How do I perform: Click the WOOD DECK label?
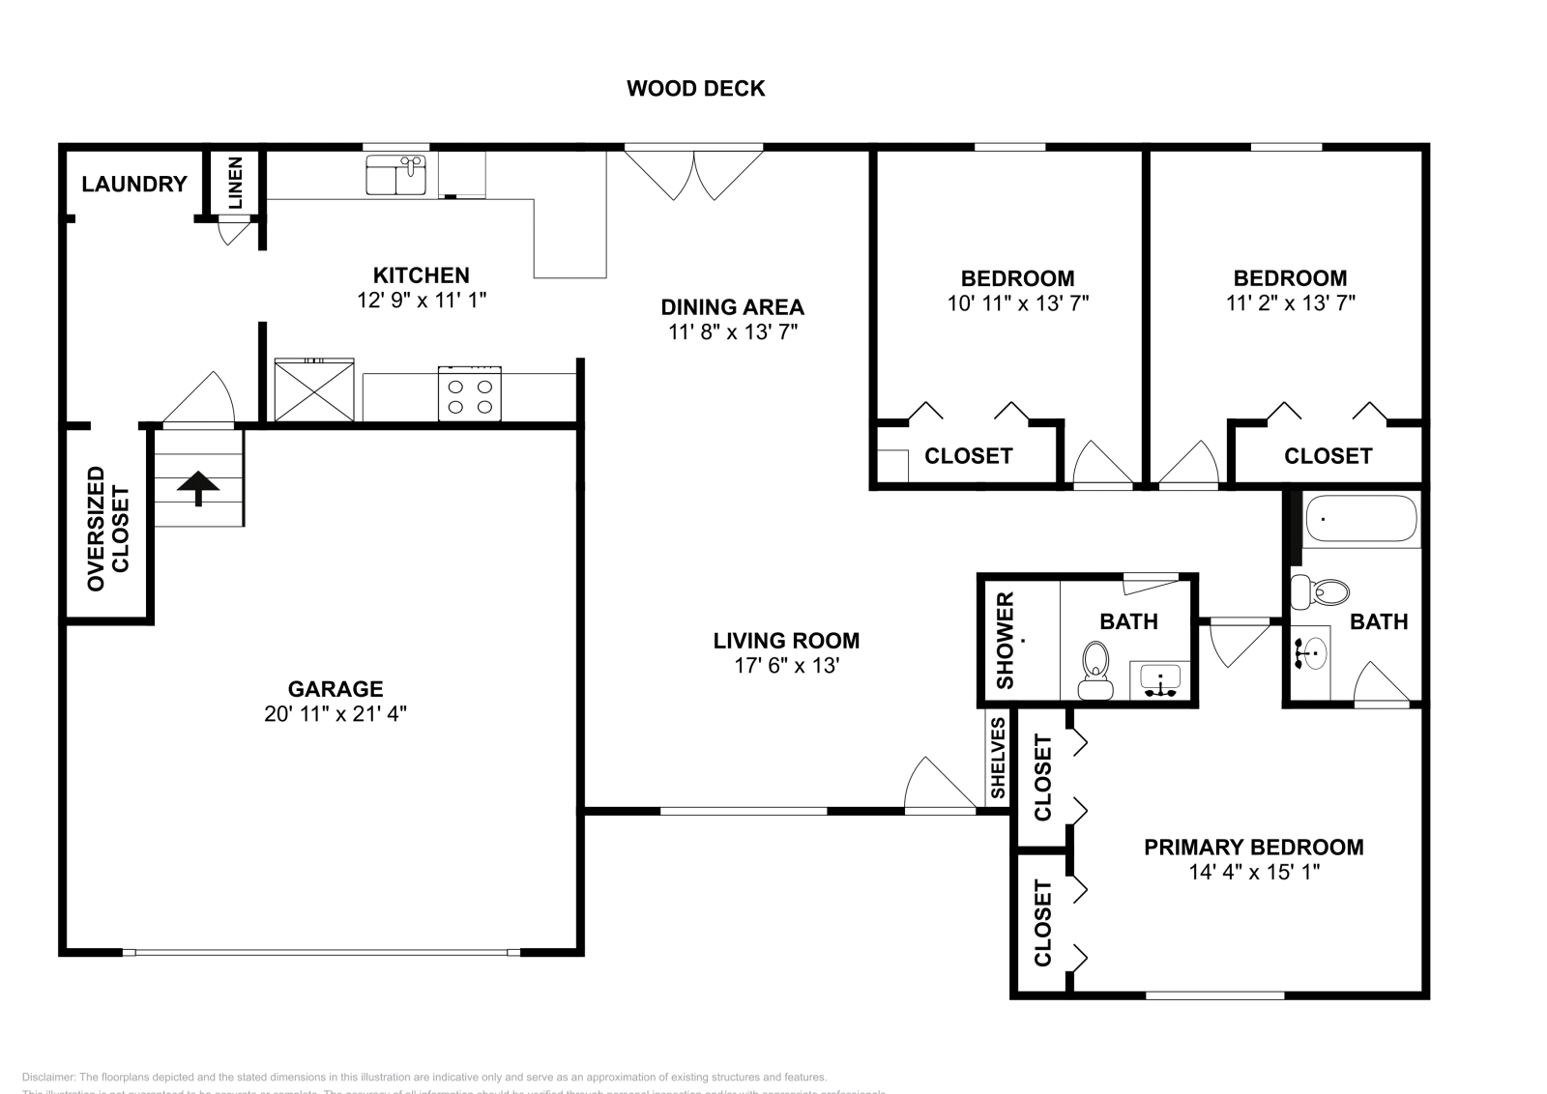[695, 89]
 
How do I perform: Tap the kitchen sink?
[396, 176]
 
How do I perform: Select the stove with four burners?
[470, 393]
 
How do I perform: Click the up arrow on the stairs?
[199, 487]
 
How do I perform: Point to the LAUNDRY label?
[134, 184]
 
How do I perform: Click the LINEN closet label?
[235, 184]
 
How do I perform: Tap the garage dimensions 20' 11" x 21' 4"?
[335, 714]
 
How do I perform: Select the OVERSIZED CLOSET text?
[107, 529]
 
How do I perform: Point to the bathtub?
[1360, 519]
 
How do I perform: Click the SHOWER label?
[1005, 641]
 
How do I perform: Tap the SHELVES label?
[998, 759]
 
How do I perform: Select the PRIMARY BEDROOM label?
[1253, 847]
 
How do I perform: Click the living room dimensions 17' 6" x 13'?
[785, 666]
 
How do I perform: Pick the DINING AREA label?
[732, 307]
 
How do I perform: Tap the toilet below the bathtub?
[1320, 592]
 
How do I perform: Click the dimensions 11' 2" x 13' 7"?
[1290, 302]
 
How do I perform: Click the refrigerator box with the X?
[314, 389]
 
